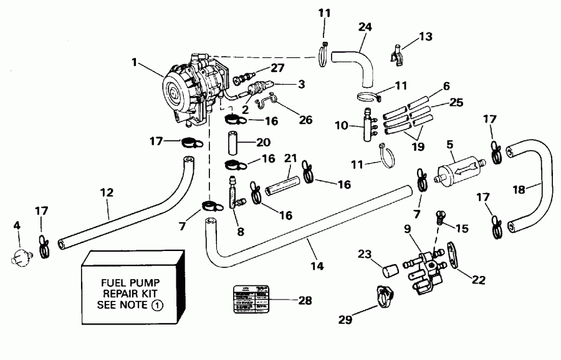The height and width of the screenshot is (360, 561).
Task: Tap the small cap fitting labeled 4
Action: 20,257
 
